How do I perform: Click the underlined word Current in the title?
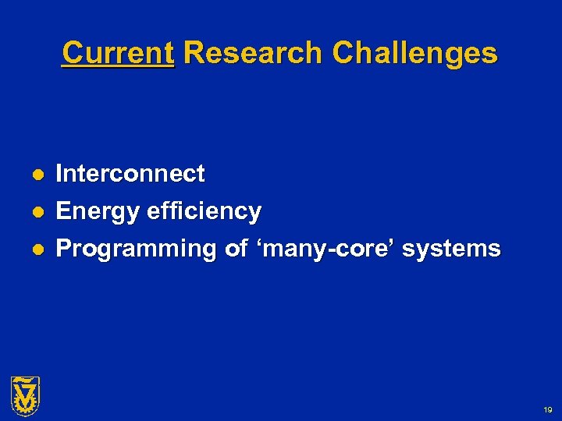pyautogui.click(x=118, y=53)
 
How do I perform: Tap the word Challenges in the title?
pyautogui.click(x=414, y=53)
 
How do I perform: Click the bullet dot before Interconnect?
pyautogui.click(x=37, y=174)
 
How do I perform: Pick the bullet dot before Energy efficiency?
pyautogui.click(x=37, y=211)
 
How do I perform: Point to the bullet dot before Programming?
pyautogui.click(x=37, y=249)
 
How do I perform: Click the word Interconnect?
pyautogui.click(x=130, y=173)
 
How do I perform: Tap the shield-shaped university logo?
pyautogui.click(x=25, y=394)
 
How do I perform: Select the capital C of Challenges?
pyautogui.click(x=343, y=53)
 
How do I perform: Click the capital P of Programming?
pyautogui.click(x=64, y=249)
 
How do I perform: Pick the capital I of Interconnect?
pyautogui.click(x=60, y=173)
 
